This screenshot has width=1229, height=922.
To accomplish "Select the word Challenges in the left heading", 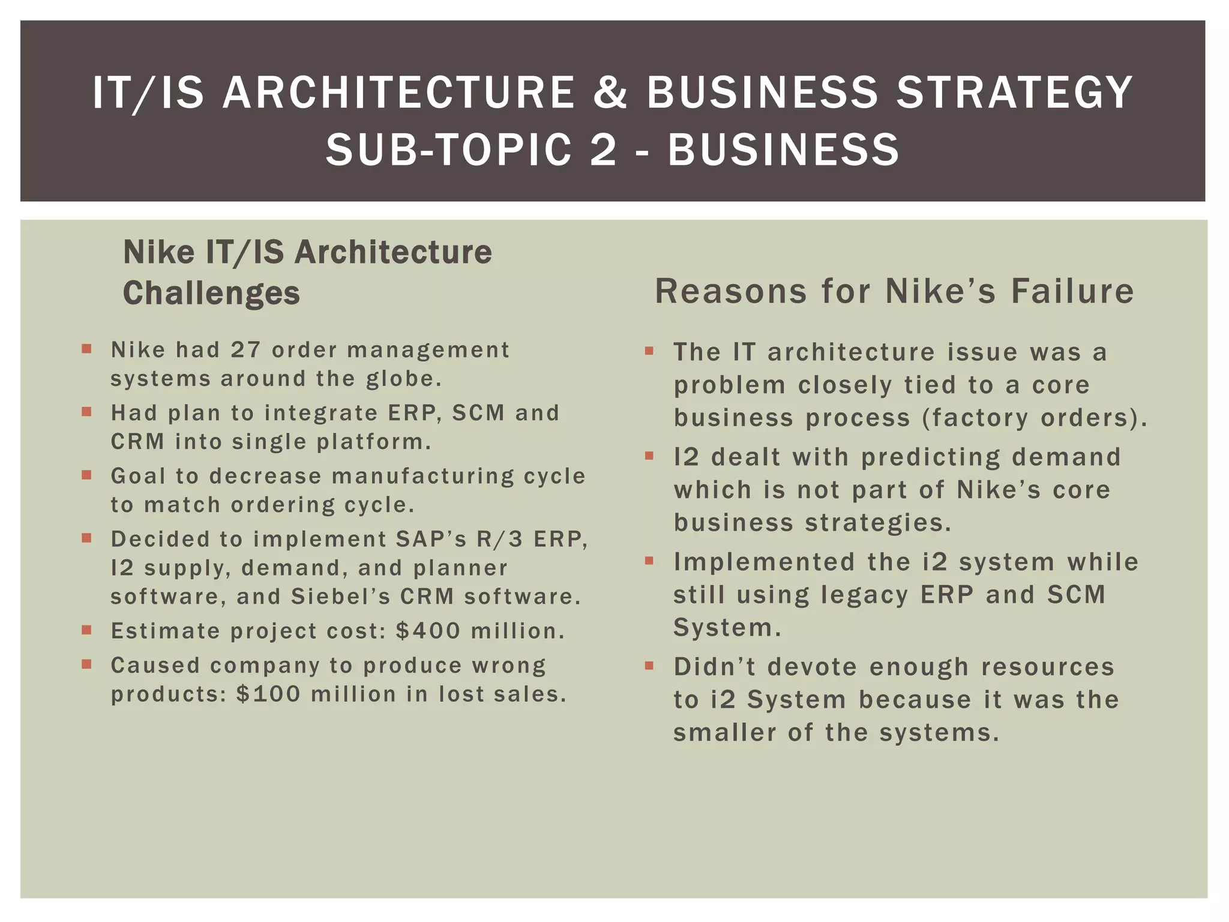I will (x=211, y=293).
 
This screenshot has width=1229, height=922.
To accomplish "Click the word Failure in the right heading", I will (x=1072, y=291).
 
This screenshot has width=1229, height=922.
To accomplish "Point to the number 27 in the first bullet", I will (x=245, y=349).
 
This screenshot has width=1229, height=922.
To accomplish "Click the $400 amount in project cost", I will (x=428, y=631).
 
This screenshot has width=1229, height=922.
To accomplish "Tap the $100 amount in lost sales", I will (x=268, y=694).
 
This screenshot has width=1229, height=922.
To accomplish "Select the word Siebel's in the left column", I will (x=340, y=596).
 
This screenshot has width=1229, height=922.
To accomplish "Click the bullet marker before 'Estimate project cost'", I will (x=87, y=630).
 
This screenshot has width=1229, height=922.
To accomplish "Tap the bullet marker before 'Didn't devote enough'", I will (x=649, y=666).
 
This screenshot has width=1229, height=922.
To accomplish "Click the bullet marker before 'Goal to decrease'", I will (x=87, y=475).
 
